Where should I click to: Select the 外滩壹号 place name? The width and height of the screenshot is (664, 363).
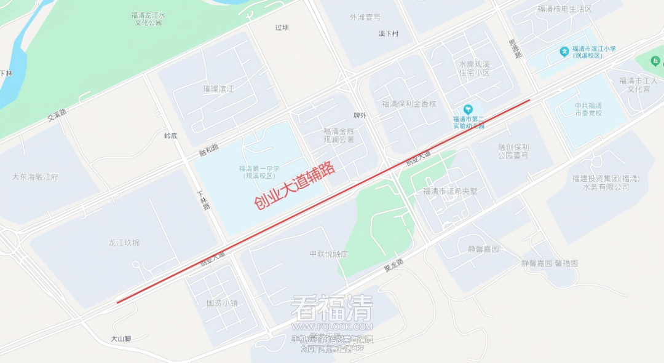[365, 17]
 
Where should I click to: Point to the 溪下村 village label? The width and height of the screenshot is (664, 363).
[389, 34]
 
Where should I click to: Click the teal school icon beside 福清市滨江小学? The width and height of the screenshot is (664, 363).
[564, 52]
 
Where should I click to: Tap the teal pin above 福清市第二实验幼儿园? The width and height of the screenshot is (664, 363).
[468, 109]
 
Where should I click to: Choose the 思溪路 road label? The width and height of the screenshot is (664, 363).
[515, 49]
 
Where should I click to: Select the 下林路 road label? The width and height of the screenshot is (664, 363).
[204, 201]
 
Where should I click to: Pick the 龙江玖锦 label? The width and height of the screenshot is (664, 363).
[124, 243]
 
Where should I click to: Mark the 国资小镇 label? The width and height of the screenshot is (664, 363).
[222, 303]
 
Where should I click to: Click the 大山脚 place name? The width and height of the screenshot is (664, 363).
[121, 338]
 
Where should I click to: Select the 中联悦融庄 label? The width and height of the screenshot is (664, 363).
[329, 254]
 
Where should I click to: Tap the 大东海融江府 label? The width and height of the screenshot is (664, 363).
[35, 177]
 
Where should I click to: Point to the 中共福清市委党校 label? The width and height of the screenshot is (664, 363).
[588, 109]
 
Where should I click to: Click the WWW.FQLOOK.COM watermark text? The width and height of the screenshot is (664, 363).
[332, 326]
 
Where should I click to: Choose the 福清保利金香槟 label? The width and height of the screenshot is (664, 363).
[409, 104]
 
